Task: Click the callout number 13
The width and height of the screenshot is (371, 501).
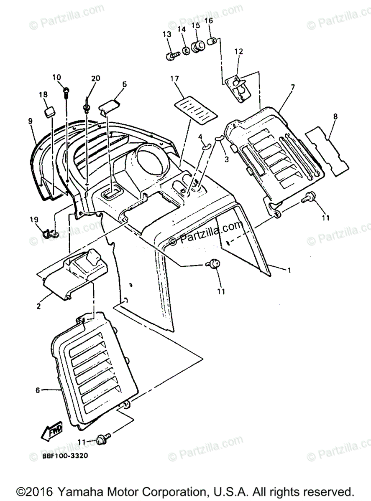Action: pyautogui.click(x=167, y=34)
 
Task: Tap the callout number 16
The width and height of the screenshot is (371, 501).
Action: pyautogui.click(x=209, y=20)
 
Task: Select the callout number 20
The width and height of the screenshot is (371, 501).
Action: pyautogui.click(x=96, y=78)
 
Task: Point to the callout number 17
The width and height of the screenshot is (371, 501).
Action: pyautogui.click(x=174, y=78)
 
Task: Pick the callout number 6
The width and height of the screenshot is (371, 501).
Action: pyautogui.click(x=38, y=390)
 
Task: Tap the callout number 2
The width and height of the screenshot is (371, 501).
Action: pyautogui.click(x=38, y=306)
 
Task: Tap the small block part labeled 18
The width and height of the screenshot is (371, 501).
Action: pyautogui.click(x=51, y=112)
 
